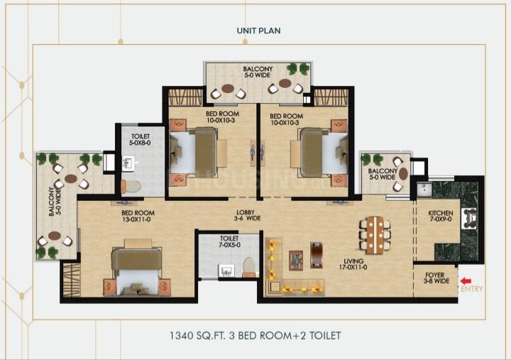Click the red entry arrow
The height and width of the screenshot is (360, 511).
coord(466,281)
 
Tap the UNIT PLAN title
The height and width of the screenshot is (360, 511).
coord(258,31)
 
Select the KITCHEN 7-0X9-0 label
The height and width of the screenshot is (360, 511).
coord(441,216)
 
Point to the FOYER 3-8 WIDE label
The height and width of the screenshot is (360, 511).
coord(436,278)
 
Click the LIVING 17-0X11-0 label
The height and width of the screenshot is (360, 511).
coord(353,264)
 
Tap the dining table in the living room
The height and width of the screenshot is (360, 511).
coord(375,235)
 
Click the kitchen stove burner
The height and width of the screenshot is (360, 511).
coord(469,219)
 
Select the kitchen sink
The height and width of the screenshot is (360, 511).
coord(424,190)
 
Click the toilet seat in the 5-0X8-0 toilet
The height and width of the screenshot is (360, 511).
coord(131,187)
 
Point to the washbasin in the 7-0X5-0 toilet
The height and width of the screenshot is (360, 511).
coord(226,271)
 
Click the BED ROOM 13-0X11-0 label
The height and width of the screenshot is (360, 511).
coord(138,216)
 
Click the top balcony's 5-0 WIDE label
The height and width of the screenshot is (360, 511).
coord(258,75)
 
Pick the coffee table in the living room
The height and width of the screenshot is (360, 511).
coord(296,260)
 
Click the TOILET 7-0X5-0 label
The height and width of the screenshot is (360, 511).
coord(229,241)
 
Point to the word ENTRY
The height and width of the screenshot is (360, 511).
coord(471,288)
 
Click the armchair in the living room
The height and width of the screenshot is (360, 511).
coord(317,255)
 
